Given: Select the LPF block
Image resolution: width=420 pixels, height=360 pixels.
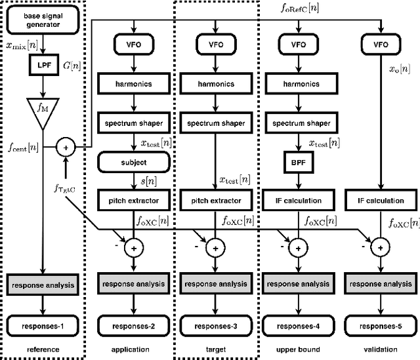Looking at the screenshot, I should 41,66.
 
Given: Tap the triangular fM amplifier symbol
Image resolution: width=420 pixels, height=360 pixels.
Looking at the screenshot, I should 42,110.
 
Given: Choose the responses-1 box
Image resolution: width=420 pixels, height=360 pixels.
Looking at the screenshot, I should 42,323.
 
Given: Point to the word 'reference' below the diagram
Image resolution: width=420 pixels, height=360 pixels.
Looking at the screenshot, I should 42,350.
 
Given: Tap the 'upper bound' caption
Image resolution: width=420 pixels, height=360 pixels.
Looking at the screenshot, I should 299,350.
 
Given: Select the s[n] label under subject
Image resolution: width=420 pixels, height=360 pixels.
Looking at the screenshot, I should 148,179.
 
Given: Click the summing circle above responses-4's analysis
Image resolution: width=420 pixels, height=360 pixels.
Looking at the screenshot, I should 299,249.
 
